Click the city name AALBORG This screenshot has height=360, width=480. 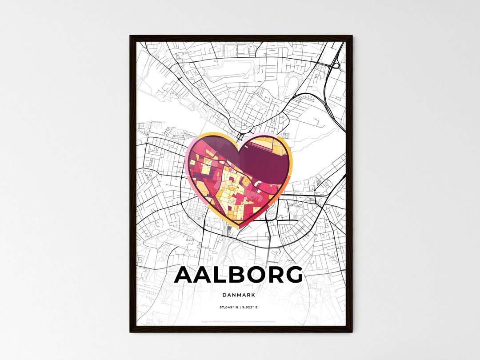[239, 275]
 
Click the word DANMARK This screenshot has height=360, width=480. [239, 295]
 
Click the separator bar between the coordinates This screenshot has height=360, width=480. [240, 307]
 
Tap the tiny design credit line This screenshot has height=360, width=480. [239, 321]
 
